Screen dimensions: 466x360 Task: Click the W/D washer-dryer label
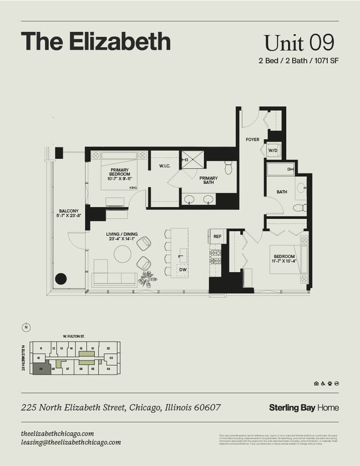(272, 151)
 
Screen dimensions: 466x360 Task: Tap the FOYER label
(253, 140)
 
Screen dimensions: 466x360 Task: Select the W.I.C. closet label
(164, 165)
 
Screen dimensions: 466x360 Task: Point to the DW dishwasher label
(182, 269)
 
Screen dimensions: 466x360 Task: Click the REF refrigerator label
(217, 237)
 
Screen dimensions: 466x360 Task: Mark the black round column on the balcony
(60, 279)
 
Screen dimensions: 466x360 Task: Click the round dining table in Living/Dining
(122, 254)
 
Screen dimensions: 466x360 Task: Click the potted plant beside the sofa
(147, 278)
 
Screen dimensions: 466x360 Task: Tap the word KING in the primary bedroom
(133, 188)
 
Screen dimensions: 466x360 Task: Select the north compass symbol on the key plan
(25, 327)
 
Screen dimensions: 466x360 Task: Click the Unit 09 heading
(299, 43)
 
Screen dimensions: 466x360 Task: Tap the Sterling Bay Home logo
(304, 408)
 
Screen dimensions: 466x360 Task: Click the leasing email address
(71, 442)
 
